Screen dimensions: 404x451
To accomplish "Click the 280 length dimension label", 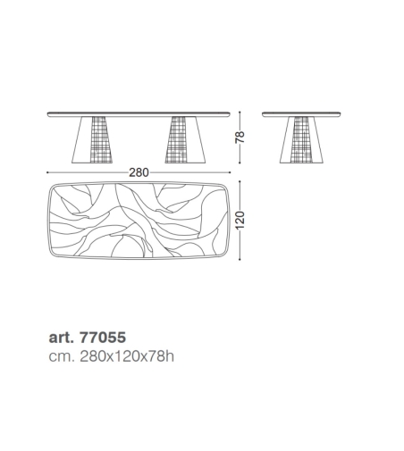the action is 139,172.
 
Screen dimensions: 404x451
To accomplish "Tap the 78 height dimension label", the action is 240,138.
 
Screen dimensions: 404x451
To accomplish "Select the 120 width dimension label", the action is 240,221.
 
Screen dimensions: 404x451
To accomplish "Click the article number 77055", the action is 103,338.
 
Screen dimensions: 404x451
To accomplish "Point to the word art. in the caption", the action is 61,338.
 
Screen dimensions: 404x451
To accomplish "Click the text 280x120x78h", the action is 127,356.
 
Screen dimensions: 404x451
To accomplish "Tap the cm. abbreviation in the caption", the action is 62,356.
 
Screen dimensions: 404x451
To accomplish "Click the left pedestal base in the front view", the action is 92,139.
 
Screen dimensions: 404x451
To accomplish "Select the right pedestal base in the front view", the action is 185,139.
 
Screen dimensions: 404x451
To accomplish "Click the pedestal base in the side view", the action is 301,139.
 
